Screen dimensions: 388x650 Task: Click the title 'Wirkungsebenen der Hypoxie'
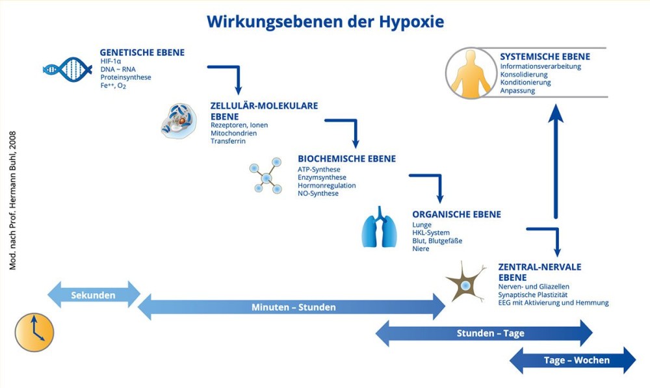coord(325,21)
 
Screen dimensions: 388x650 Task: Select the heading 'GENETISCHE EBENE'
coord(142,53)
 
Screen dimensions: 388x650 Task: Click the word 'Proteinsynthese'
coord(125,77)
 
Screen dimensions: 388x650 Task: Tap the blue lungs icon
coord(379,227)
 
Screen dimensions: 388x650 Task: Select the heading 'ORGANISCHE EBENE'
coord(456,214)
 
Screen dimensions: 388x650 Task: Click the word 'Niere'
coord(421,249)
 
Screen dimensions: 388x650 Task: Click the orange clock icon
coord(34,332)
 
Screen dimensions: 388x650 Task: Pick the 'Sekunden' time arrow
coord(94,295)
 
